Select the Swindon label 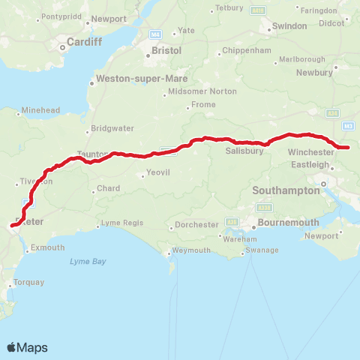pos(289,25)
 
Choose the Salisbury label pos(244,151)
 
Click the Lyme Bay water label pos(88,261)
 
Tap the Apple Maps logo pos(27,347)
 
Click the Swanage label pos(262,250)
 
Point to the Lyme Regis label pos(121,223)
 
